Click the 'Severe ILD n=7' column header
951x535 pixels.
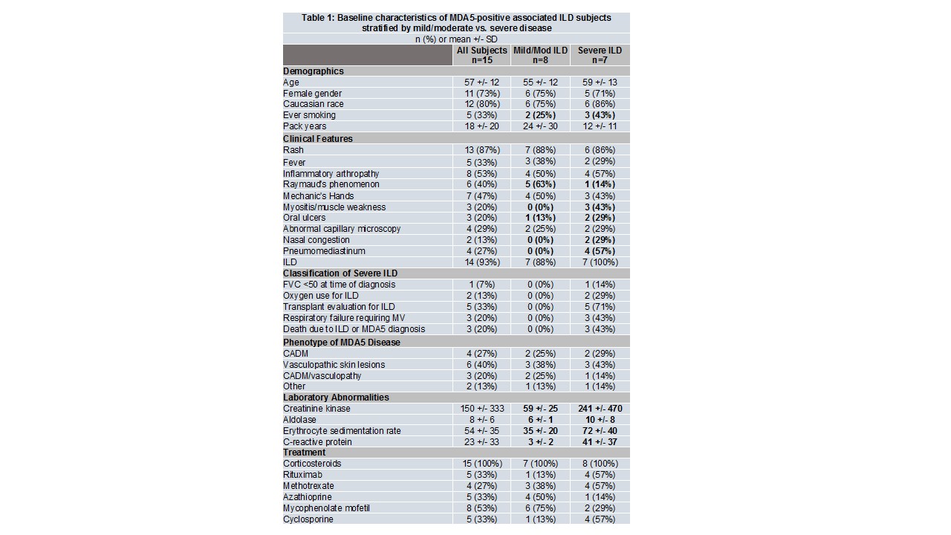[600, 55]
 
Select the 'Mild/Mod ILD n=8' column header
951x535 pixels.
[540, 55]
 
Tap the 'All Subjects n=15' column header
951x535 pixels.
[481, 55]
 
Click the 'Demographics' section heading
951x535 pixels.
[314, 71]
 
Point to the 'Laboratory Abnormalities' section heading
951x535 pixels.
[336, 398]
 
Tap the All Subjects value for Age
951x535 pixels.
[481, 82]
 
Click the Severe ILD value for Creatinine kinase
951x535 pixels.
[600, 409]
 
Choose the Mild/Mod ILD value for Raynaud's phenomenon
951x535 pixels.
[540, 184]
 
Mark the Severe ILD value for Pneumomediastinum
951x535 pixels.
[600, 251]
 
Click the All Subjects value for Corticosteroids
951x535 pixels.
[481, 464]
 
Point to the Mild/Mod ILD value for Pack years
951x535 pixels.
[540, 126]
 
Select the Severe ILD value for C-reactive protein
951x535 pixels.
[600, 442]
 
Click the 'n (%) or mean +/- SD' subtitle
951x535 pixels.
[456, 39]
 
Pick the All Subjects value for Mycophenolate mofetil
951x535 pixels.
[481, 508]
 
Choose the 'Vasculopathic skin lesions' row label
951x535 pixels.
[334, 365]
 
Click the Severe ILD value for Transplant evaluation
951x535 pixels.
[600, 307]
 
